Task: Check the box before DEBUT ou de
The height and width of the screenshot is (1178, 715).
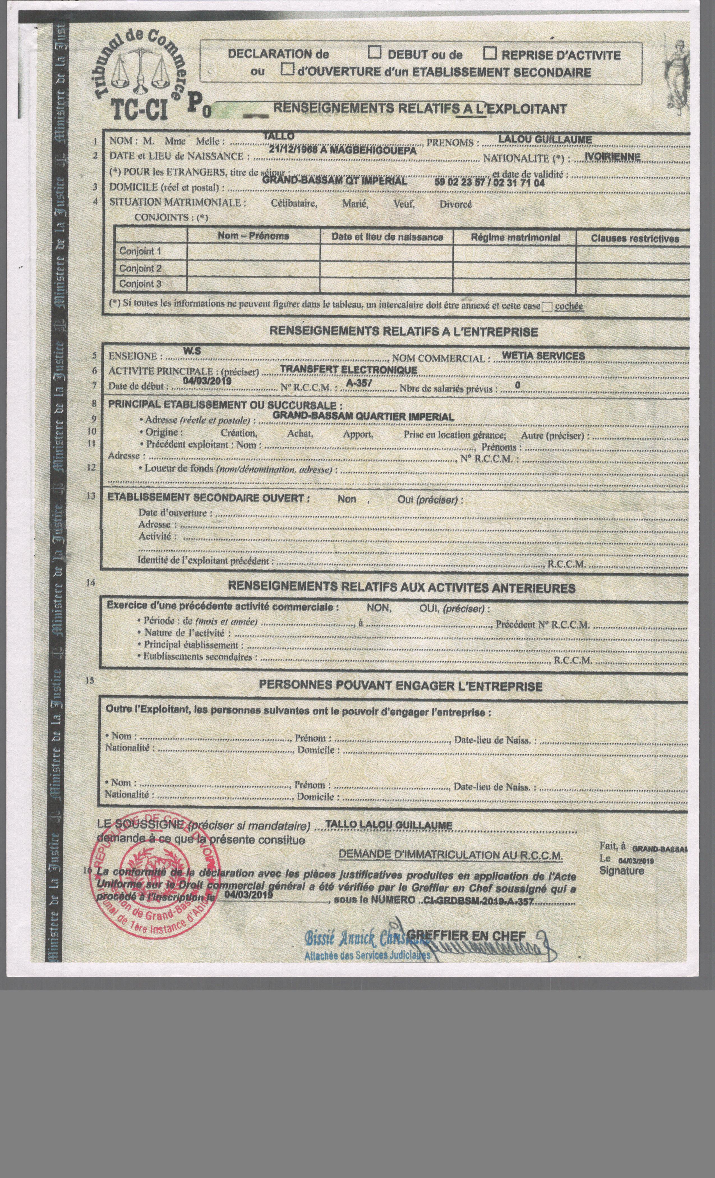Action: pyautogui.click(x=376, y=53)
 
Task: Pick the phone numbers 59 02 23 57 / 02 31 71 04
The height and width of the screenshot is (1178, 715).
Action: pyautogui.click(x=490, y=182)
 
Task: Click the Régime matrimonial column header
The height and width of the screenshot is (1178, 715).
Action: pyautogui.click(x=515, y=237)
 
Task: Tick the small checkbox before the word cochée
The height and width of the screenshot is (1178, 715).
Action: pyautogui.click(x=547, y=307)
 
